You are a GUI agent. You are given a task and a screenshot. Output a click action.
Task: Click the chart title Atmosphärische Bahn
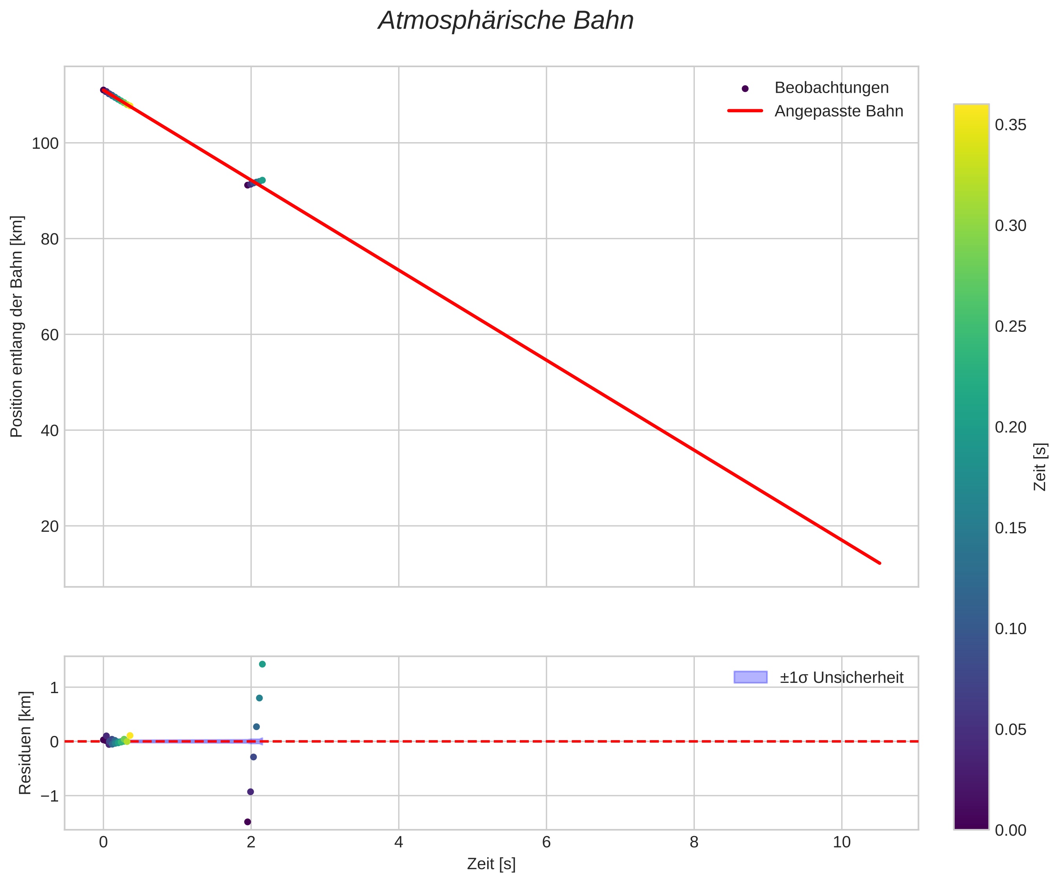pos(506,21)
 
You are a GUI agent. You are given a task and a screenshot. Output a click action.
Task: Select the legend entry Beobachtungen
pos(831,88)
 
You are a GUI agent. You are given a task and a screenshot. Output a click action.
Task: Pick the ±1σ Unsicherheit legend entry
pos(841,677)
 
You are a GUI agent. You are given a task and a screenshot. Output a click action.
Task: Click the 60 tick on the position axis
pos(49,335)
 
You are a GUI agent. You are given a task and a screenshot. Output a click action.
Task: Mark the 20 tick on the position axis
pos(49,526)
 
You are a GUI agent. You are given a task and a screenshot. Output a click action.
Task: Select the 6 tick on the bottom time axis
pos(546,842)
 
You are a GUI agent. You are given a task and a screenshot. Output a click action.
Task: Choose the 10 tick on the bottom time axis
pos(841,842)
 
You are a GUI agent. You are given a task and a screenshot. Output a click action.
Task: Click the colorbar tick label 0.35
pos(1010,125)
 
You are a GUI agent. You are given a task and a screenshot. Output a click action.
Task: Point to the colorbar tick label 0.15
pos(1010,528)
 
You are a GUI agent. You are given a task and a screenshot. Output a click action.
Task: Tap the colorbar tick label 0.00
pos(1010,830)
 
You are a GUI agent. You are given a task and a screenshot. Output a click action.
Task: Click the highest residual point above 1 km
pos(262,664)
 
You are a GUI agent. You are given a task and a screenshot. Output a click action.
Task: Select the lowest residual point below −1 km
pos(247,822)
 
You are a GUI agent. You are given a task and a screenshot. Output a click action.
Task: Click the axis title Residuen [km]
pos(25,743)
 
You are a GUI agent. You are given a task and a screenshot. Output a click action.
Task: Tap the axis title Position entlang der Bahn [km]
pos(17,327)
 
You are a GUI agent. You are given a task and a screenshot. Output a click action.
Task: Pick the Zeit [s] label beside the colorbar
pos(1040,467)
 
